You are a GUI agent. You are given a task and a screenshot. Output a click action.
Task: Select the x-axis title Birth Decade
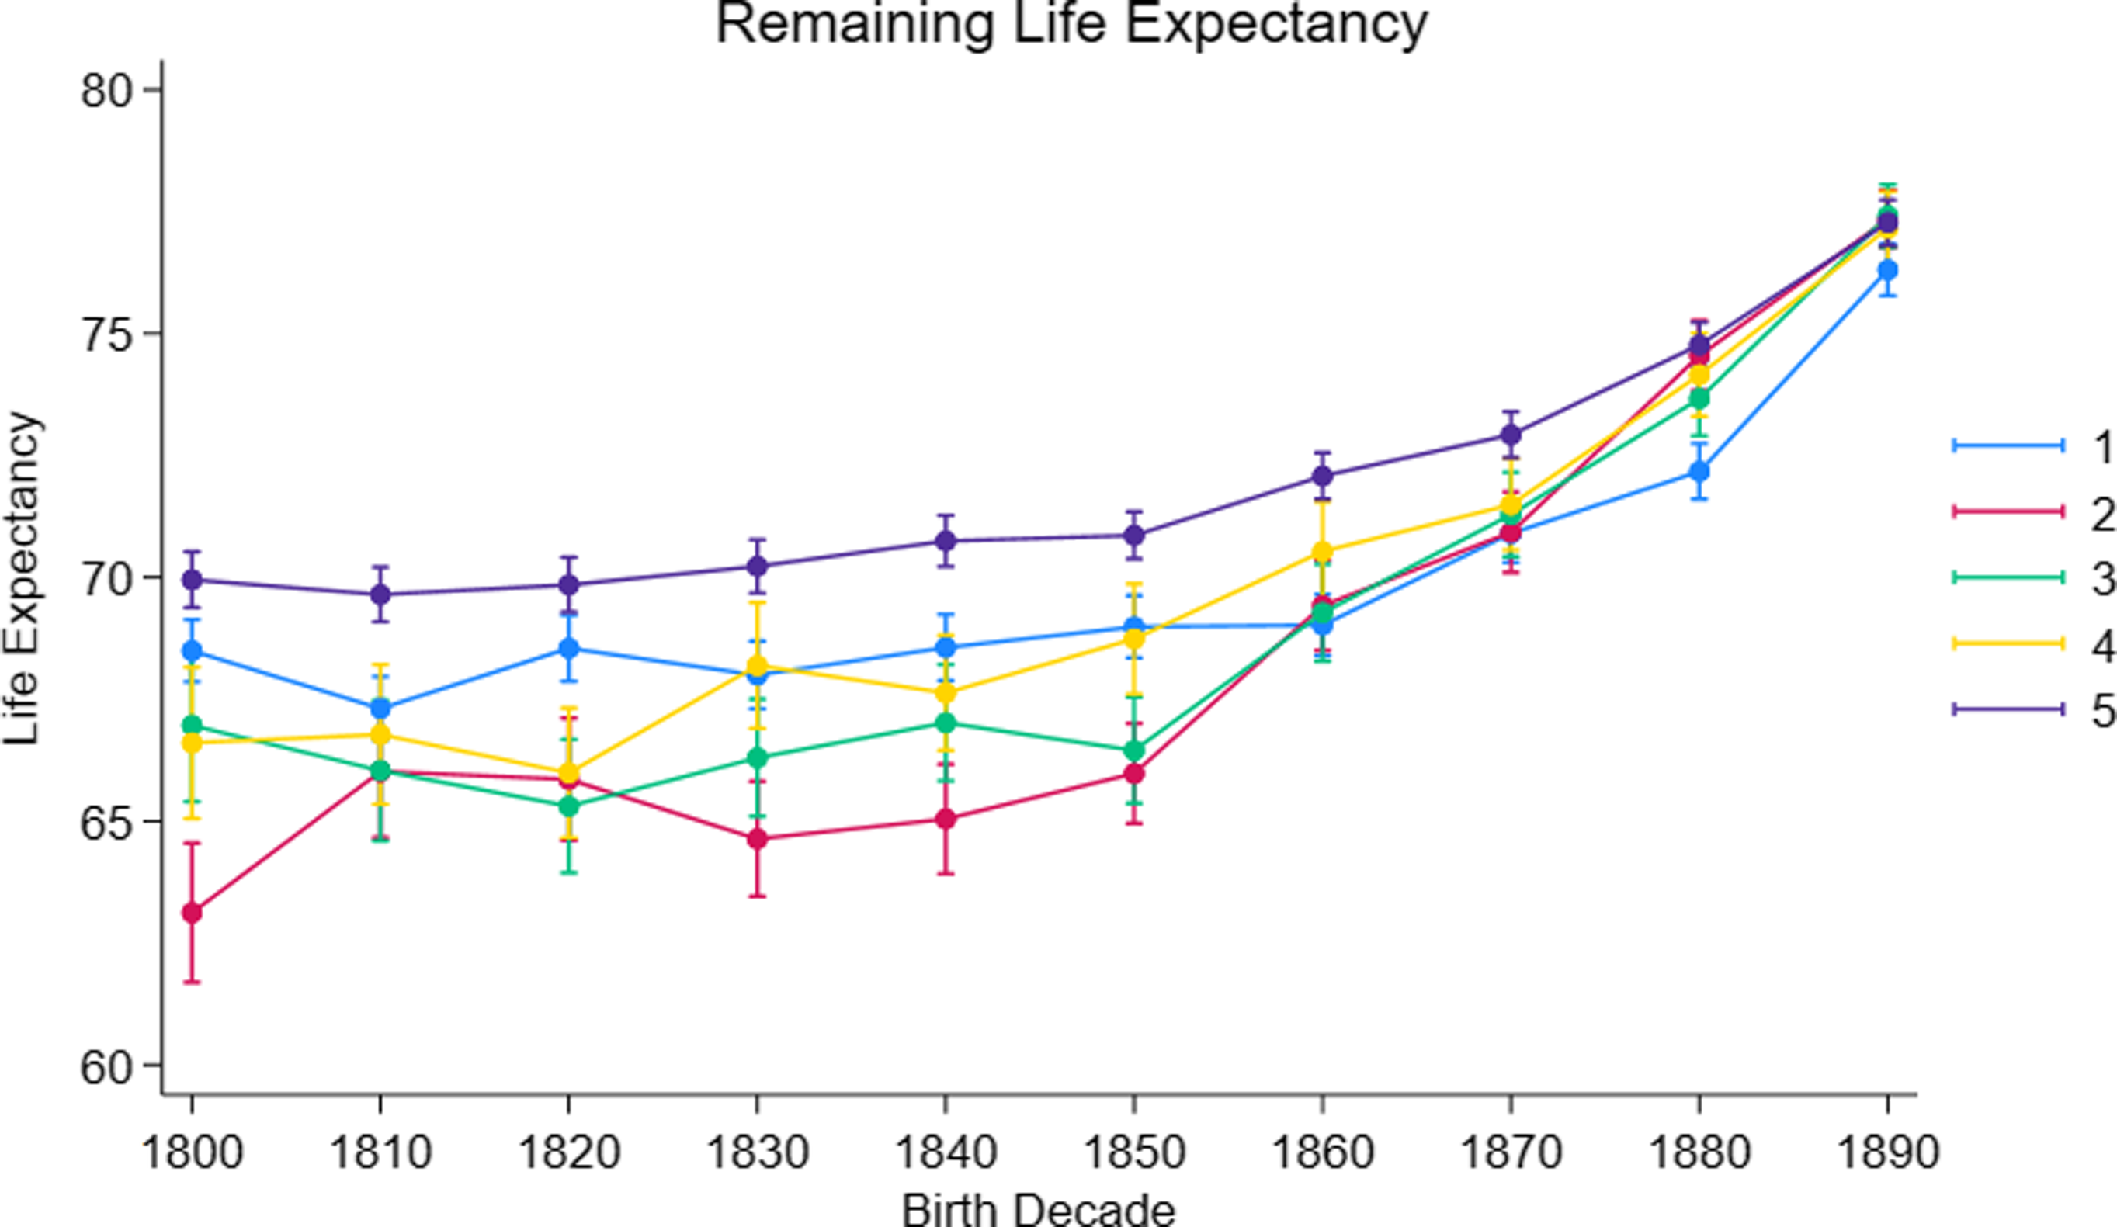[x=1039, y=1209]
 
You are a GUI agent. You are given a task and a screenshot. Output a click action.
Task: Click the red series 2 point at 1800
[x=193, y=912]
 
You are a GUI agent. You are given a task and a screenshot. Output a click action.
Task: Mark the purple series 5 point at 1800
[x=193, y=580]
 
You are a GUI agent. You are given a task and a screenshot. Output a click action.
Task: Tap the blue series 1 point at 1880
[x=1699, y=472]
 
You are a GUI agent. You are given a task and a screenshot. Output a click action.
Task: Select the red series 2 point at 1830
[x=758, y=839]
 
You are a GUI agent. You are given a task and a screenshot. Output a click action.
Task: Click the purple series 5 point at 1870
[x=1511, y=435]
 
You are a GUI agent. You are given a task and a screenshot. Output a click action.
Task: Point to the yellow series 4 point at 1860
[x=1323, y=552]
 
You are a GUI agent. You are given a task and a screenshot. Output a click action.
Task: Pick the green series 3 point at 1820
[x=570, y=806]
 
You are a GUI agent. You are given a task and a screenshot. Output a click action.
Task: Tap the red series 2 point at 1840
[x=946, y=819]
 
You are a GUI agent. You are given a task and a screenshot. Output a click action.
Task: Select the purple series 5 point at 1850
[x=1134, y=535]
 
